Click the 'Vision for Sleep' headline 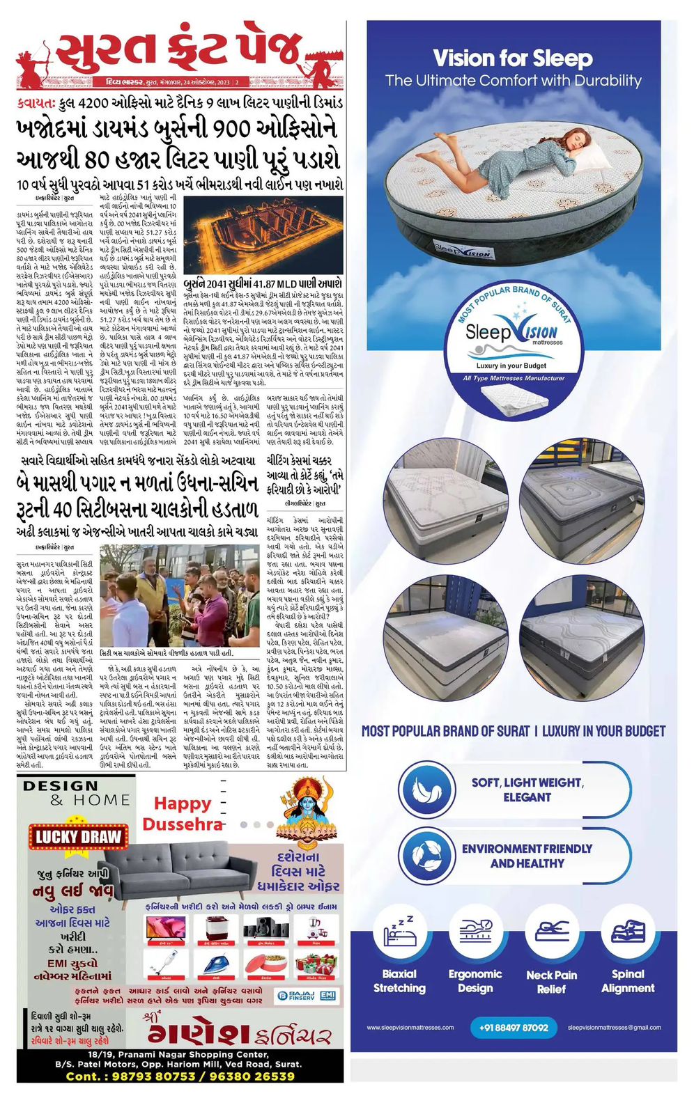513,58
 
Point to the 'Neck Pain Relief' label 551,981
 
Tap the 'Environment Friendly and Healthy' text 527,856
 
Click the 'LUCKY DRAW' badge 78,837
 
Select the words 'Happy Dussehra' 183,813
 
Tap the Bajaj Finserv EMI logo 307,996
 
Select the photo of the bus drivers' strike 180,596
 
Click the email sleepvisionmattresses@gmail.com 614,1027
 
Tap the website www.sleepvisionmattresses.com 410,1027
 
